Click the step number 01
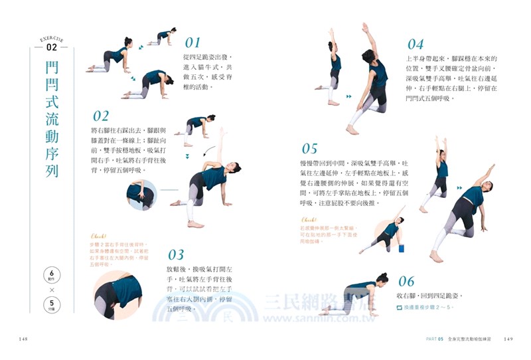pyautogui.click(x=188, y=43)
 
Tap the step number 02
pyautogui.click(x=101, y=117)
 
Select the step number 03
pyautogui.click(x=176, y=254)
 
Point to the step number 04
pyautogui.click(x=416, y=45)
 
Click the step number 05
pyautogui.click(x=310, y=149)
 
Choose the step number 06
pyautogui.click(x=406, y=281)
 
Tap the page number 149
pyautogui.click(x=508, y=339)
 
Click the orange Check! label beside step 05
pyautogui.click(x=309, y=219)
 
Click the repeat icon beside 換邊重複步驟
pyautogui.click(x=400, y=308)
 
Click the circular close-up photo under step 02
pyautogui.click(x=141, y=195)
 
